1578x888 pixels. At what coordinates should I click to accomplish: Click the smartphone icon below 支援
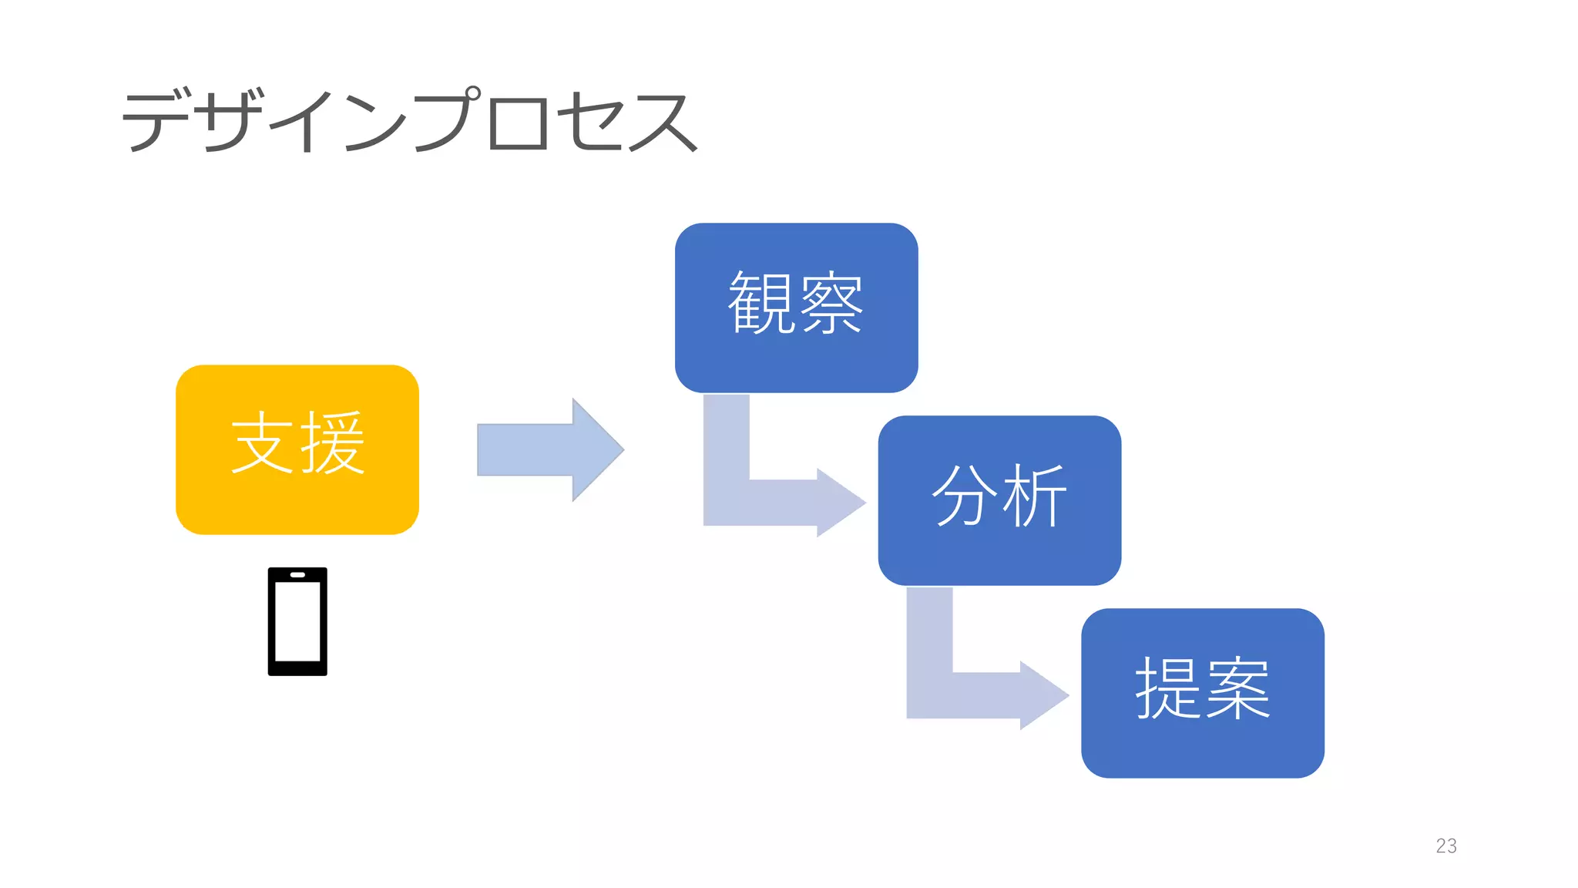(x=297, y=622)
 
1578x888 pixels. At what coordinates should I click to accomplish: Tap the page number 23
(x=1446, y=846)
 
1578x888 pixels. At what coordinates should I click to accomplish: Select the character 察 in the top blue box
(x=831, y=302)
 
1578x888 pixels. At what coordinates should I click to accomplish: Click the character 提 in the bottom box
(x=1167, y=688)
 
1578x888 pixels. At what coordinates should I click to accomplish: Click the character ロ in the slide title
(x=519, y=123)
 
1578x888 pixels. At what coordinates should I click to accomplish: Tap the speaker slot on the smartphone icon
(x=297, y=575)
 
